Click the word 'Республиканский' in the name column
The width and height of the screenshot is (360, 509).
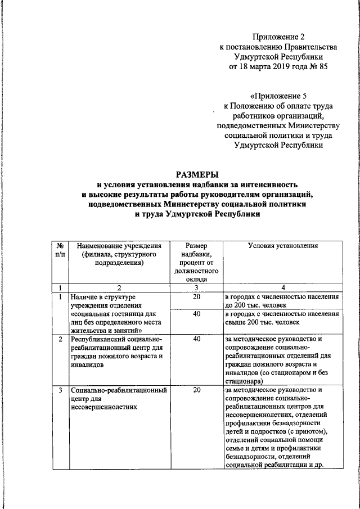pos(97,339)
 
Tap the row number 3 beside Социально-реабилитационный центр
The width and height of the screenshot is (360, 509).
pos(60,390)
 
